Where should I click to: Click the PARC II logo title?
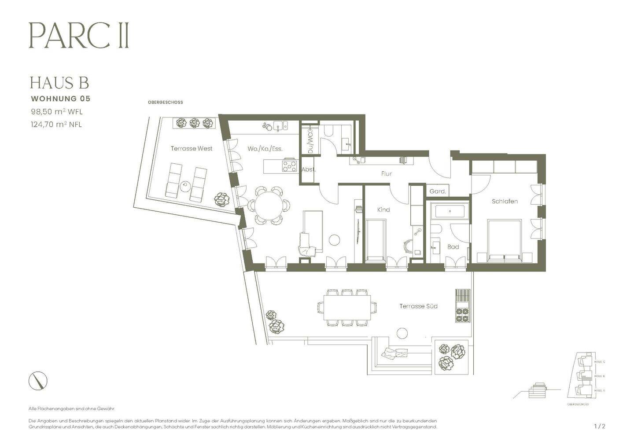(79, 36)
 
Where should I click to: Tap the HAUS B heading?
(59, 83)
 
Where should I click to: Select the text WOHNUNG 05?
(60, 99)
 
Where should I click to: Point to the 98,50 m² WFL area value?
(56, 112)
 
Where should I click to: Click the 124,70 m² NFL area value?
(56, 124)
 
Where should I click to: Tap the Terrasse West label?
(191, 149)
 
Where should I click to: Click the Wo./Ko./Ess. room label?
(265, 149)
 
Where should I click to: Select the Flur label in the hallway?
(386, 174)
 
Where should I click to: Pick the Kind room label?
(383, 210)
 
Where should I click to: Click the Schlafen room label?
(505, 202)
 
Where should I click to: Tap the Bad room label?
(453, 247)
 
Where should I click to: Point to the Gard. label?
(438, 191)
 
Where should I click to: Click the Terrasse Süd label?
(418, 306)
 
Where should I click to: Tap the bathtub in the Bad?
(450, 211)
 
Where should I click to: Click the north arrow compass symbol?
(38, 381)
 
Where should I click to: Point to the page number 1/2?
(600, 426)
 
